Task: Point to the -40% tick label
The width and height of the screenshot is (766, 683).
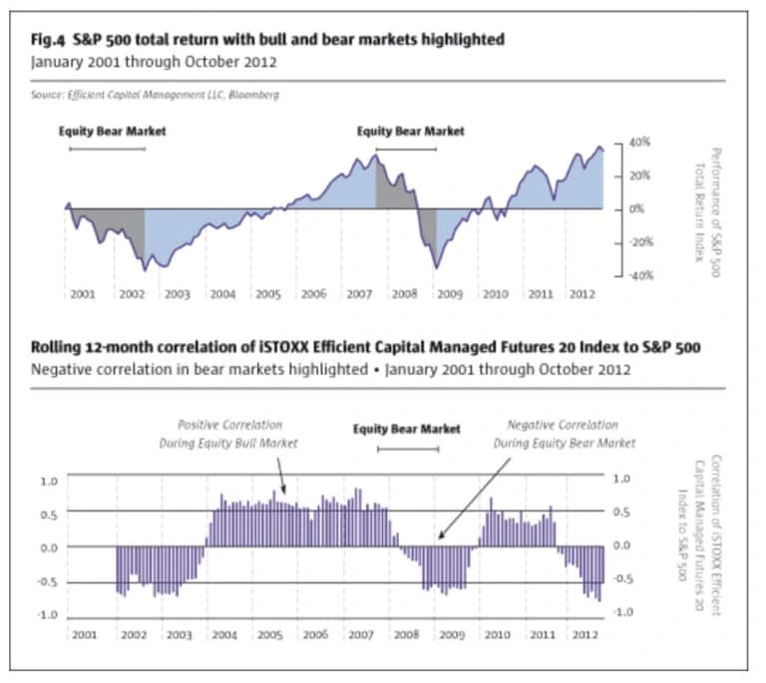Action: [638, 275]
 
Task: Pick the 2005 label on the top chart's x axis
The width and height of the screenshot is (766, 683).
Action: [267, 295]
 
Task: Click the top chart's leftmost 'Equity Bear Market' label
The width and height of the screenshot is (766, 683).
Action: [112, 131]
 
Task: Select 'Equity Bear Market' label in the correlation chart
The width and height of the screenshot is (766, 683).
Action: [407, 429]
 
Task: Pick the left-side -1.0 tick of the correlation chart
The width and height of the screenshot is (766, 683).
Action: [48, 614]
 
